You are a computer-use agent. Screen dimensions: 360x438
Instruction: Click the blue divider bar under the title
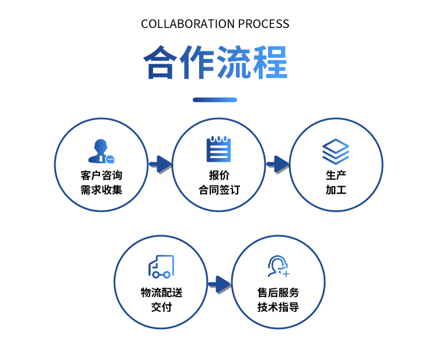[215, 100]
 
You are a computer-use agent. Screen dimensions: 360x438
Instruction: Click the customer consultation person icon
[101, 151]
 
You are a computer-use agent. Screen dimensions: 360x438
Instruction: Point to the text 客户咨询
[102, 176]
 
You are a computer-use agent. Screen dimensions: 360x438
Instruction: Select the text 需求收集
[102, 190]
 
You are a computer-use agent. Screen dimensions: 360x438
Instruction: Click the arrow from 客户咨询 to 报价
[160, 164]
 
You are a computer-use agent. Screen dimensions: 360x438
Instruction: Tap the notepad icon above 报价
[219, 149]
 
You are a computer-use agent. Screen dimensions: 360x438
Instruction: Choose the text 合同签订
[219, 190]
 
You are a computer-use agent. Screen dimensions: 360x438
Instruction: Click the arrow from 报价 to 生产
[278, 164]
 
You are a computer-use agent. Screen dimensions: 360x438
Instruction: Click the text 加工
[336, 190]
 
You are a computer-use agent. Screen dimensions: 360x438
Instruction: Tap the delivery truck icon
[161, 267]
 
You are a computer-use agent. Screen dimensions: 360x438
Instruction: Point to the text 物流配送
[161, 292]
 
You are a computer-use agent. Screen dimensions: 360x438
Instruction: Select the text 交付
[161, 307]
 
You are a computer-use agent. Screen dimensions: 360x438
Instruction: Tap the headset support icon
[278, 267]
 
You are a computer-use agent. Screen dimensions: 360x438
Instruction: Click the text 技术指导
[278, 307]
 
